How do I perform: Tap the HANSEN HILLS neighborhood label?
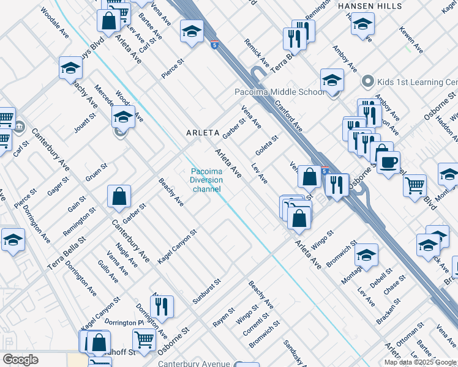tap(370, 6)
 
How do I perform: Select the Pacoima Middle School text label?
tap(280, 92)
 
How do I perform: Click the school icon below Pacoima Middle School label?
tap(332, 81)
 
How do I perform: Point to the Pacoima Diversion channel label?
tap(206, 180)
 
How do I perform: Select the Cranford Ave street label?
tap(288, 117)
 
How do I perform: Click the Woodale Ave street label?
tap(54, 24)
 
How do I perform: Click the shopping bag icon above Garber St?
tap(119, 197)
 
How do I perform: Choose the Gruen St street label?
tap(96, 172)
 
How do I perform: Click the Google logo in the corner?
tap(20, 360)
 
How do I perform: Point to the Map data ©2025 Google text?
tap(421, 362)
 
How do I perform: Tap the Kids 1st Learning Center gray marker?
tap(367, 81)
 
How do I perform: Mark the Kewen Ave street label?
tap(410, 39)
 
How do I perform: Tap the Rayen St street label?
tap(223, 317)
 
